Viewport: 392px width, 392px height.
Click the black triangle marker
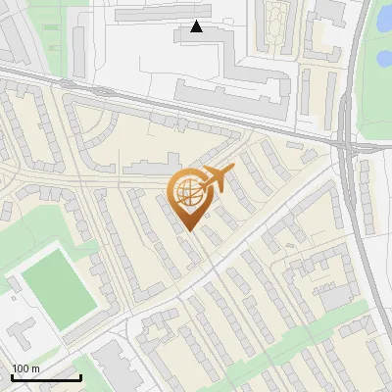coord(197,26)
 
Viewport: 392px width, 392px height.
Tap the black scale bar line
coord(46,377)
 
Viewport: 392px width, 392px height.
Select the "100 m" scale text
coord(26,367)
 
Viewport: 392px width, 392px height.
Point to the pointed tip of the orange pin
coord(188,230)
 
